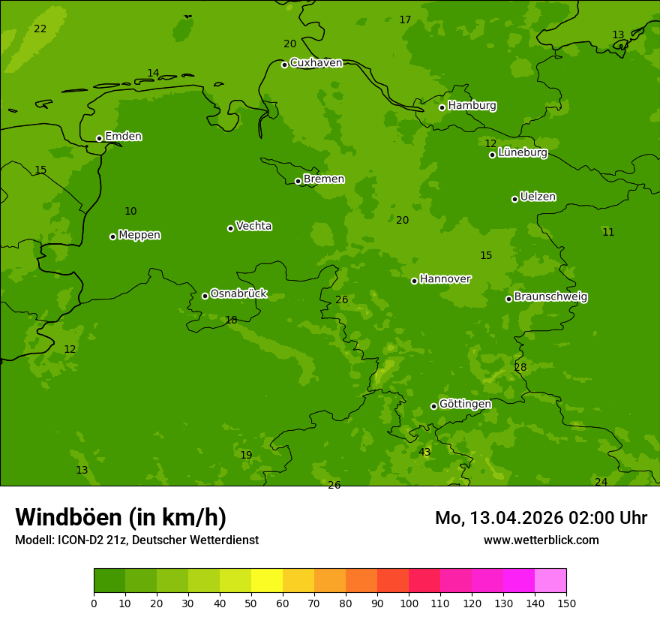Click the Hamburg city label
[472, 106]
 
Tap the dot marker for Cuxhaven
[284, 65]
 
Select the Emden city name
[123, 137]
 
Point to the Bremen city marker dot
[298, 181]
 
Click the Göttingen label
[465, 405]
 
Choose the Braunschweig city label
[550, 297]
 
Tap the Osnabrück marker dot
[205, 296]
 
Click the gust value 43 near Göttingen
[424, 453]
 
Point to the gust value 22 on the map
[40, 29]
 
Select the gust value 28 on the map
[520, 368]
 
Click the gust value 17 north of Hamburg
[405, 20]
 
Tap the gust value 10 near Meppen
[130, 212]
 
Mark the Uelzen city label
[538, 197]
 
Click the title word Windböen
[67, 517]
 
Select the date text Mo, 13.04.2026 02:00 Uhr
[541, 518]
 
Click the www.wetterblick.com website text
[541, 540]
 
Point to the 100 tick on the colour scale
[409, 603]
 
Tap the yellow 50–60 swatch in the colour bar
[267, 580]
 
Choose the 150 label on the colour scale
[566, 603]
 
